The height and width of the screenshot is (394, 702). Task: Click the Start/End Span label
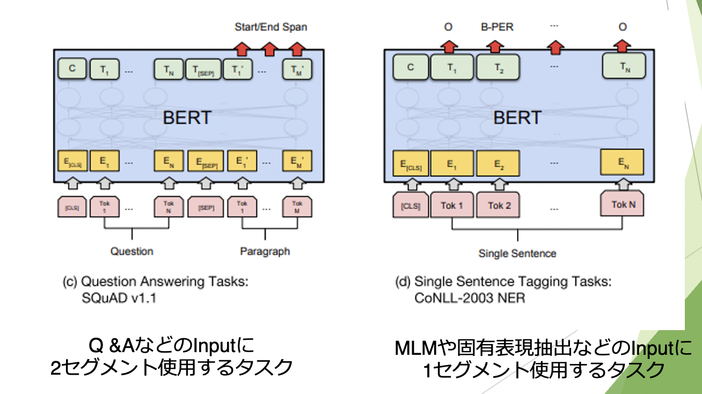[271, 27]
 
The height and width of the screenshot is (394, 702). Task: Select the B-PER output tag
[496, 26]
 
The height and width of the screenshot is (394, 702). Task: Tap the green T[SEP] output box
[203, 69]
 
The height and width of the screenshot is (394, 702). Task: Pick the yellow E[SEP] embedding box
[203, 160]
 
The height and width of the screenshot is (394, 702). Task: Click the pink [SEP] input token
[203, 207]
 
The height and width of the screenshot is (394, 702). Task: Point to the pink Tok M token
[297, 207]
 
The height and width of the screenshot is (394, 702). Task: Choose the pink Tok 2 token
[499, 206]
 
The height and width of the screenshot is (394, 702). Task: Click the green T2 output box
[499, 68]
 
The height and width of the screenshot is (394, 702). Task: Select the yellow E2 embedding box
[499, 163]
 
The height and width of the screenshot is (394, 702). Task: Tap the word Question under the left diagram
[131, 251]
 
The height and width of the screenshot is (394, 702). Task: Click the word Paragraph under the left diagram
[265, 251]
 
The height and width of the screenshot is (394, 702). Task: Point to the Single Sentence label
[517, 253]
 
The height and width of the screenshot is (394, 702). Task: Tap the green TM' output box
[297, 69]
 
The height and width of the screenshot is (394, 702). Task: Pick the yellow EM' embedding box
[297, 160]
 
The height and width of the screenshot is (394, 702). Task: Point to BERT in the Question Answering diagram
[186, 118]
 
